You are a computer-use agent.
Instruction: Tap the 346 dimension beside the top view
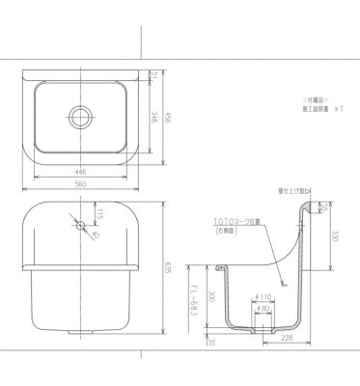point(155,120)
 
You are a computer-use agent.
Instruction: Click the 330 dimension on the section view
point(335,234)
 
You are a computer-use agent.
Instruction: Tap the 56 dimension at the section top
point(324,207)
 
